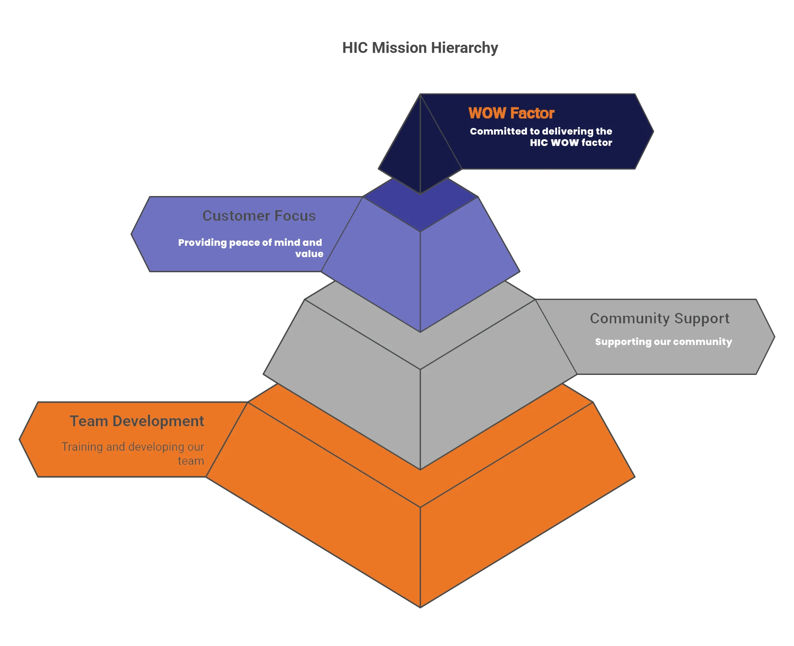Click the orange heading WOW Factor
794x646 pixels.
click(x=511, y=113)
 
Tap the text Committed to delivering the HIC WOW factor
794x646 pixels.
click(x=541, y=137)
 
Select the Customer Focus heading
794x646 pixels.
click(x=259, y=216)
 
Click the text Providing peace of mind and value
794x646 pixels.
click(x=251, y=248)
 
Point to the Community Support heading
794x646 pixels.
click(x=660, y=319)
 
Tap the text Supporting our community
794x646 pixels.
click(x=663, y=342)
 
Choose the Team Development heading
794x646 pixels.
click(x=137, y=421)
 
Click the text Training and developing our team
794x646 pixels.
click(x=133, y=453)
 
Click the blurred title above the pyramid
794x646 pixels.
click(x=420, y=47)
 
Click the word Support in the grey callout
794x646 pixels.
click(x=702, y=319)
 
